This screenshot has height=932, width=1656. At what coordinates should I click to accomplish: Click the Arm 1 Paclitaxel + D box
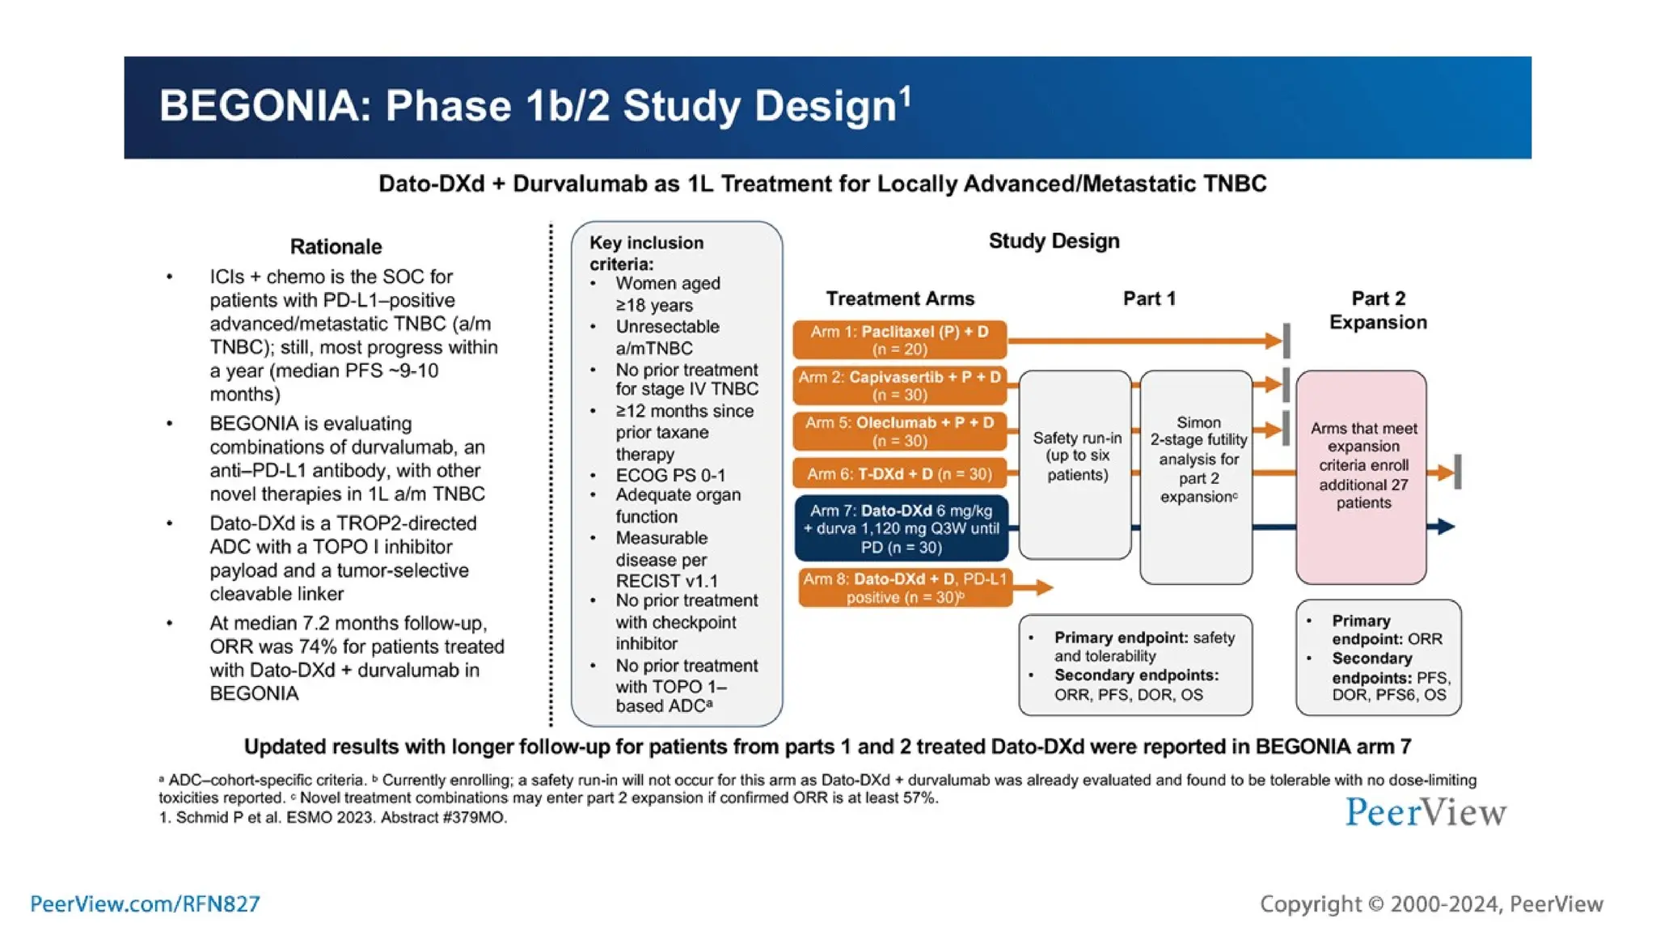pos(899,340)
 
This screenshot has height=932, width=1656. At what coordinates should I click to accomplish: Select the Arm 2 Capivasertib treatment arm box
pos(899,386)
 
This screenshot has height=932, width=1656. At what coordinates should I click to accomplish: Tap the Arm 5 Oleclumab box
pos(899,431)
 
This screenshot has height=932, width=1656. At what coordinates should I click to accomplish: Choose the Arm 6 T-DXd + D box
pos(899,474)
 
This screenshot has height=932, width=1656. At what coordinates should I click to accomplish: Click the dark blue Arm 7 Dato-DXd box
pos(901,528)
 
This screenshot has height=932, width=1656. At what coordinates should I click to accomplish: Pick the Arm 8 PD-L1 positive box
pos(904,588)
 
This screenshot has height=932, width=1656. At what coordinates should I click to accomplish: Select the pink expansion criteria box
pos(1362,477)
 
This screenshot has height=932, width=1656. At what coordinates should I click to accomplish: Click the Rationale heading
pos(336,247)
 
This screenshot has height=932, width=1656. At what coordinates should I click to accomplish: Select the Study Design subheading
pos(1054,241)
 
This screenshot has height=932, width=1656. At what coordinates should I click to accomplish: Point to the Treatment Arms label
pos(900,299)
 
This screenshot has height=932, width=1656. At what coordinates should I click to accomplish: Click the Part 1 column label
pos(1149,299)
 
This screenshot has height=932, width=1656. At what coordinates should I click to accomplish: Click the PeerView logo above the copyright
pos(1426,812)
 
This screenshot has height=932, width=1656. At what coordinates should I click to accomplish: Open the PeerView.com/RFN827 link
pos(145,904)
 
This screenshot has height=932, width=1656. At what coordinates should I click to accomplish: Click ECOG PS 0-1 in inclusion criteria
pos(670,476)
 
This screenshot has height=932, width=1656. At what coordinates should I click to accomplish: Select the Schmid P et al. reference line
pos(332,818)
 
